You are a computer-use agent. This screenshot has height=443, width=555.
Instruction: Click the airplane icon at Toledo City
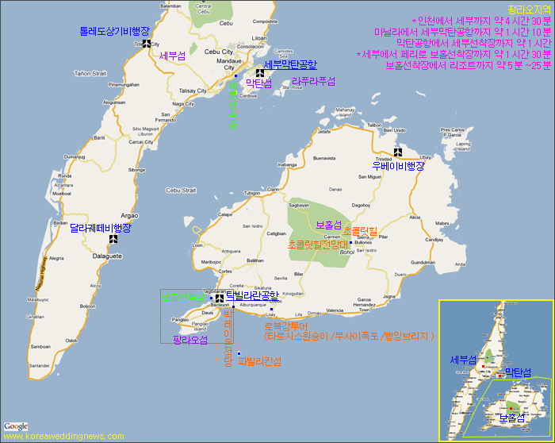(147, 44)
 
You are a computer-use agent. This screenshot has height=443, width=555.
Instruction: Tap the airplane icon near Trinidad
(399, 152)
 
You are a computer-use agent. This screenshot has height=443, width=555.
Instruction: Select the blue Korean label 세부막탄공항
(290, 64)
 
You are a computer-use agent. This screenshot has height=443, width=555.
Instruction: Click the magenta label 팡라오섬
(190, 340)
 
